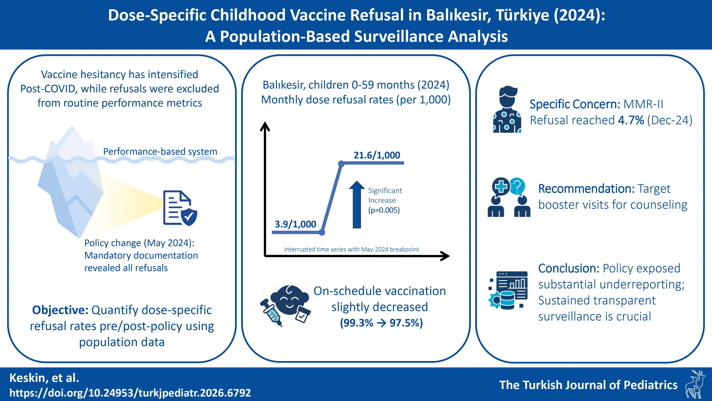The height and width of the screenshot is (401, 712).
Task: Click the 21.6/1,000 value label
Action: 377,155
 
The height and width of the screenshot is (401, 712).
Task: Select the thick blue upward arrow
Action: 357,205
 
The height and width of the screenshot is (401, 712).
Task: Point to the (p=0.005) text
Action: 384,210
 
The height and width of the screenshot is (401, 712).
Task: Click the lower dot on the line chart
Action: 322,232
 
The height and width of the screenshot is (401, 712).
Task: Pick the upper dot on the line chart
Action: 341,164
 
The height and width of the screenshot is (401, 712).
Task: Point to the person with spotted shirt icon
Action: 507,110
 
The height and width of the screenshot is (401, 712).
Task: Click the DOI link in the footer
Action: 130,393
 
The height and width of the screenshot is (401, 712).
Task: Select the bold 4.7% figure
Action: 631,120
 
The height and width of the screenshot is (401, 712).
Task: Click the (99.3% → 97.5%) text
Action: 381,323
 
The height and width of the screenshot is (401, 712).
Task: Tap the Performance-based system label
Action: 160,151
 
